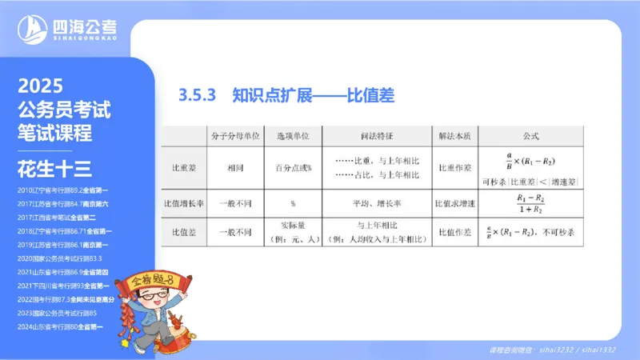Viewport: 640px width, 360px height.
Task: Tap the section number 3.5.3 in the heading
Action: point(199,96)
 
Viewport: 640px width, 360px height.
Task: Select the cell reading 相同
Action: point(234,169)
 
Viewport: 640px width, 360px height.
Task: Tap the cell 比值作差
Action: point(457,232)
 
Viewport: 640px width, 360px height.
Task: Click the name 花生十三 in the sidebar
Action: point(55,168)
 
